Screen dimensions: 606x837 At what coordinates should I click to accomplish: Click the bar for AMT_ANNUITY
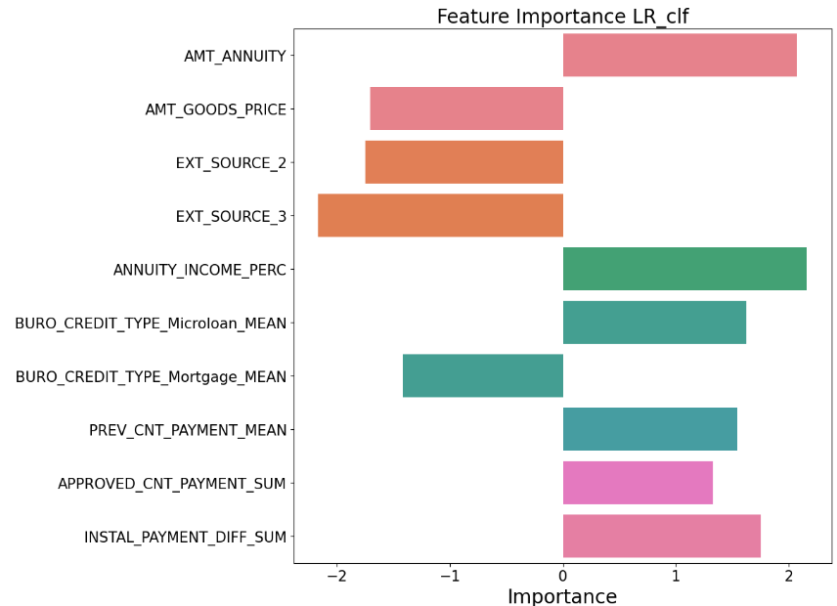click(680, 55)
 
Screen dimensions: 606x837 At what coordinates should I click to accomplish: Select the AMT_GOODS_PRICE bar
click(466, 108)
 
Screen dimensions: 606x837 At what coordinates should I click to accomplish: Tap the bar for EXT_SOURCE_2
click(464, 162)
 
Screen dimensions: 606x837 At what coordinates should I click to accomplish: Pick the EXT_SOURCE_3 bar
click(440, 215)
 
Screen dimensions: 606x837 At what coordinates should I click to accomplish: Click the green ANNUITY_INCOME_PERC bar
click(684, 269)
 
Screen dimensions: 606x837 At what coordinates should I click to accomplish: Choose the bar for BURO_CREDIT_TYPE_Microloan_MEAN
click(654, 323)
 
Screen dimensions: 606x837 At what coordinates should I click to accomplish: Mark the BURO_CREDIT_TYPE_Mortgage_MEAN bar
click(483, 376)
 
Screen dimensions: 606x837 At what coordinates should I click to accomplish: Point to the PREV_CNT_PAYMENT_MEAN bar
click(650, 429)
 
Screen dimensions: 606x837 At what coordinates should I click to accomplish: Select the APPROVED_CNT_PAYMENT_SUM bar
click(638, 483)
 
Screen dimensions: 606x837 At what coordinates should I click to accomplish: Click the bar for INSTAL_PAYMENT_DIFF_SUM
click(662, 536)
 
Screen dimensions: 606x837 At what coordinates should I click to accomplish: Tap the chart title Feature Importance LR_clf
click(562, 17)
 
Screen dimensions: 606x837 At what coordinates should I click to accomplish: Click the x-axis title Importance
click(562, 596)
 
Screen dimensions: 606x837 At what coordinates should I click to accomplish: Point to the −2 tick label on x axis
click(336, 575)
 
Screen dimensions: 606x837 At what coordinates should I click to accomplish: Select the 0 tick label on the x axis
click(563, 575)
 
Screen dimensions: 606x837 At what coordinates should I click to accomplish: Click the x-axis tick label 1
click(676, 575)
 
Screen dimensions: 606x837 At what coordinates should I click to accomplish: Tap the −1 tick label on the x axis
click(449, 575)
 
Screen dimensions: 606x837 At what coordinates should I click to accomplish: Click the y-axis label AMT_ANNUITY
click(235, 56)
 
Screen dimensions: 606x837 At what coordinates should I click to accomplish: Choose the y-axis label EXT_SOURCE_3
click(231, 216)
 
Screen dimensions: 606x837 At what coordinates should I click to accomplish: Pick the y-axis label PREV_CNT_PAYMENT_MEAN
click(188, 430)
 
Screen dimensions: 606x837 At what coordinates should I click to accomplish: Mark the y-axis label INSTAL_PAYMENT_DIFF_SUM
click(185, 537)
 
